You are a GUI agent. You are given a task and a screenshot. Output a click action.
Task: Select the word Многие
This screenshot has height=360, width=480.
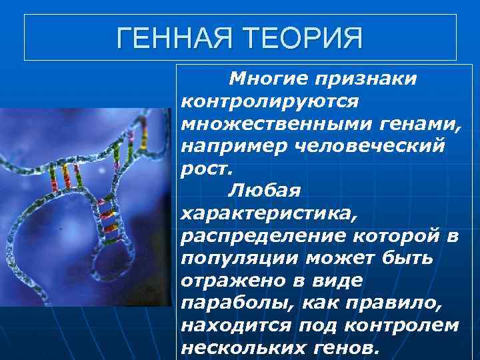click(265, 79)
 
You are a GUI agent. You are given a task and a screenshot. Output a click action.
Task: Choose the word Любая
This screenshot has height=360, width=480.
click(265, 191)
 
